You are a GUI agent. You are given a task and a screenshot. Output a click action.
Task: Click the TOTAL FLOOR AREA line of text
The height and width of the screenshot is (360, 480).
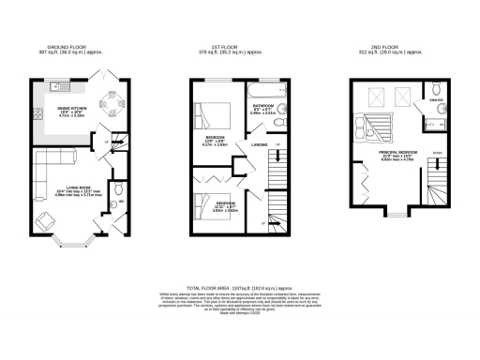click(240, 288)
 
